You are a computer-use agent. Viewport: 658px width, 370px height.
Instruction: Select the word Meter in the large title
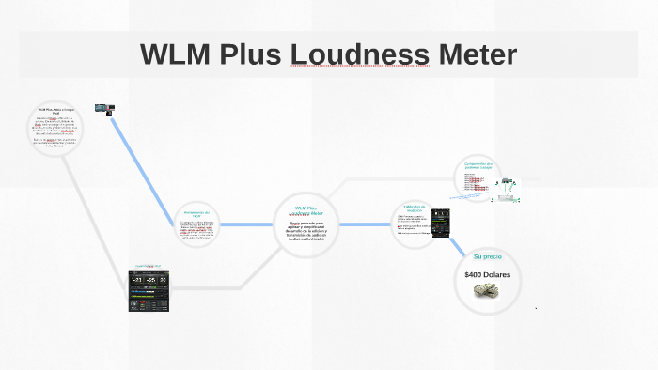pyautogui.click(x=477, y=54)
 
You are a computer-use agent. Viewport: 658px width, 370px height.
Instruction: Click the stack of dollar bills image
pyautogui.click(x=486, y=291)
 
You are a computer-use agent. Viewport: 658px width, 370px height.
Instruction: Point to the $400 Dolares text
pyautogui.click(x=487, y=274)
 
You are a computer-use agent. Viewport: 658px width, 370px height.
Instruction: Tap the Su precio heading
pyautogui.click(x=488, y=256)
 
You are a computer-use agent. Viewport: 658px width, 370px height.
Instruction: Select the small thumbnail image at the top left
pyautogui.click(x=103, y=110)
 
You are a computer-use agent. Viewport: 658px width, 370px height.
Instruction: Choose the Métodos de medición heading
pyautogui.click(x=415, y=208)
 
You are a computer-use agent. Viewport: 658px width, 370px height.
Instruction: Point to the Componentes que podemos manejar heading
pyautogui.click(x=478, y=166)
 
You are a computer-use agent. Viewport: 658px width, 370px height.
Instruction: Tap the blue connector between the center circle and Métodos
pyautogui.click(x=363, y=224)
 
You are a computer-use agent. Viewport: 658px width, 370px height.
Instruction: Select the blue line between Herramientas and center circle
pyautogui.click(x=246, y=224)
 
